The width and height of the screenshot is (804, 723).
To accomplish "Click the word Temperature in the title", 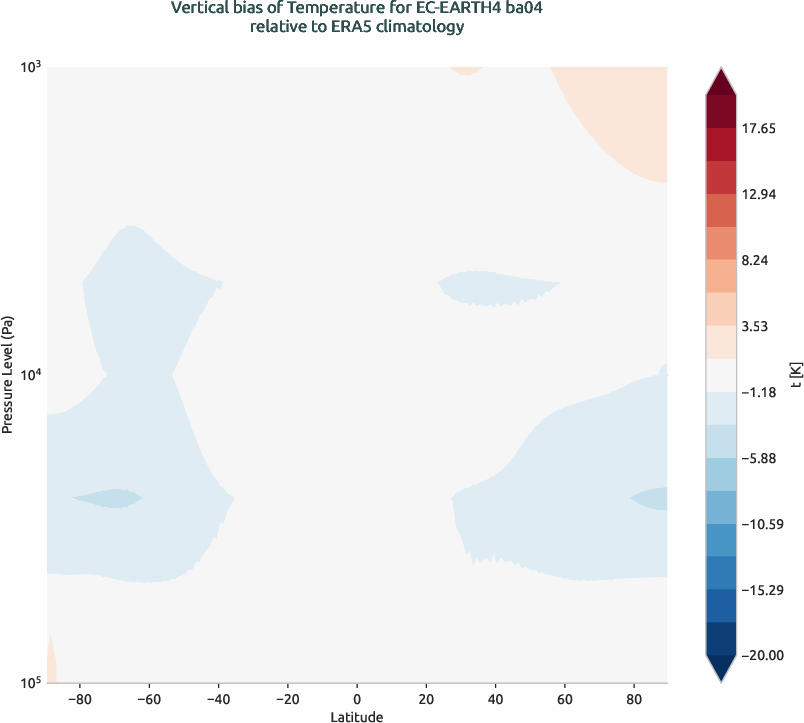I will [x=330, y=9].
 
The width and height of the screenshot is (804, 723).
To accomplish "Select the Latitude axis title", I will [x=357, y=716].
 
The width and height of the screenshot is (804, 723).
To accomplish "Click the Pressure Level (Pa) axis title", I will [x=8, y=375].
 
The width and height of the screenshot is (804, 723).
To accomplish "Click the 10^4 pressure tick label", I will [x=29, y=375].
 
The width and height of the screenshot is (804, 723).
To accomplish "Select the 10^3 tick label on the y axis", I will [x=29, y=67].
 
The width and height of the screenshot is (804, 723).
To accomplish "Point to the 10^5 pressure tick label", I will [x=29, y=683].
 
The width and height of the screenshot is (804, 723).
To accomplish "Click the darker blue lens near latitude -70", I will [x=108, y=497].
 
